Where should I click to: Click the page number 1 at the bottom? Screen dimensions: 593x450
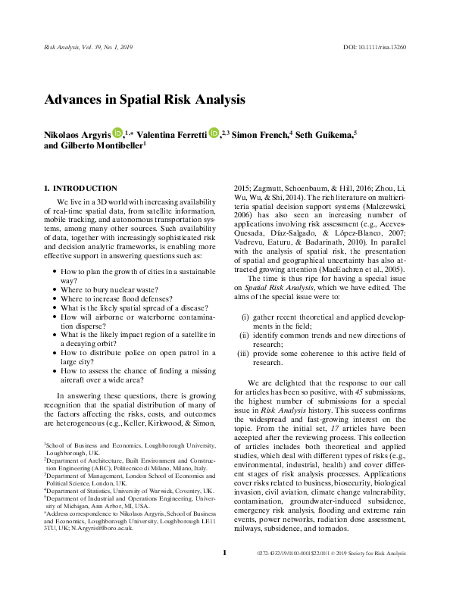click(x=225, y=576)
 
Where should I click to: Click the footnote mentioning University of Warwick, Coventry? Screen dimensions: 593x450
click(x=127, y=491)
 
